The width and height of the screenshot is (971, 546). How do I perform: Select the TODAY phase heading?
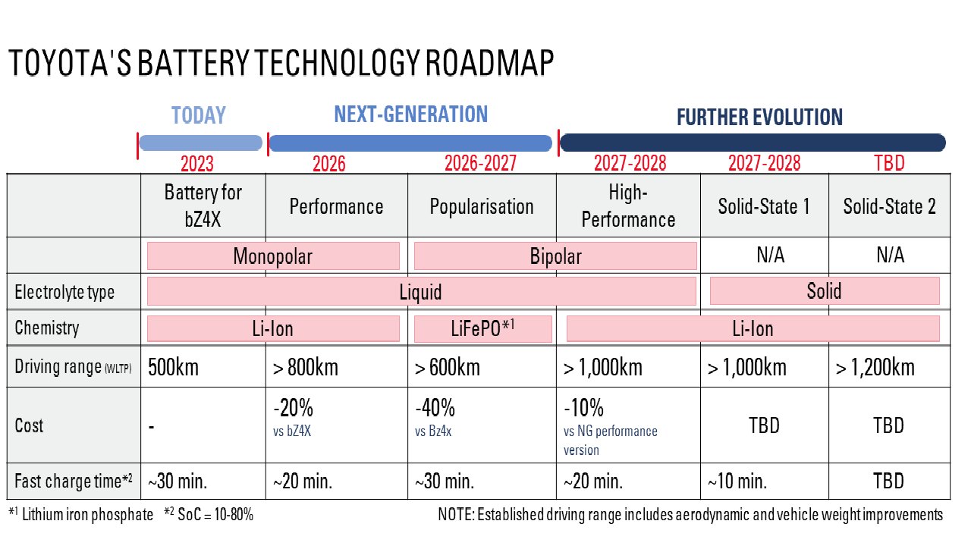tap(199, 115)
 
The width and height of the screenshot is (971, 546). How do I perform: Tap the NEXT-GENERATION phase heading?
tap(410, 115)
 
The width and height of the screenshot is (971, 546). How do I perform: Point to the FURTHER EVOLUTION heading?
tap(759, 118)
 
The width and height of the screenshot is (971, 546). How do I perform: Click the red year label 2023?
tap(196, 164)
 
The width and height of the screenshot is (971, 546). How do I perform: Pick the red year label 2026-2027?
tap(480, 164)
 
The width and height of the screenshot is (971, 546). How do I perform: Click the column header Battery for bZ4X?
tap(203, 206)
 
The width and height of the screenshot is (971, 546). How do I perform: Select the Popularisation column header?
tap(482, 207)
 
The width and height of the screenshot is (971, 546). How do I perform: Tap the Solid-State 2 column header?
tap(889, 207)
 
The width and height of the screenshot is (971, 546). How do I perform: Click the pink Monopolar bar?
tap(272, 256)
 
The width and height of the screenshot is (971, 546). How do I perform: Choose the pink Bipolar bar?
tap(555, 256)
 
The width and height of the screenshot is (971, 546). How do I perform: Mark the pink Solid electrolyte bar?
tap(824, 291)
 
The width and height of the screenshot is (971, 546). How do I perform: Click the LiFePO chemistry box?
tap(482, 328)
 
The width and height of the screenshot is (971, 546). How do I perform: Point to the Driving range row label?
tap(73, 368)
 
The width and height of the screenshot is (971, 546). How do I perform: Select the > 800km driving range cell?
tap(306, 368)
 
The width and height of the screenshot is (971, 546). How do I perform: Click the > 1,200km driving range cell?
tap(875, 368)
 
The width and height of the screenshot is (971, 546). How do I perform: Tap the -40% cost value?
tap(435, 409)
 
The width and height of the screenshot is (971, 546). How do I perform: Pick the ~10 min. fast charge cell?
tap(737, 481)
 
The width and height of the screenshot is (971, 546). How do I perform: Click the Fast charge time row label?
tap(74, 481)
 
